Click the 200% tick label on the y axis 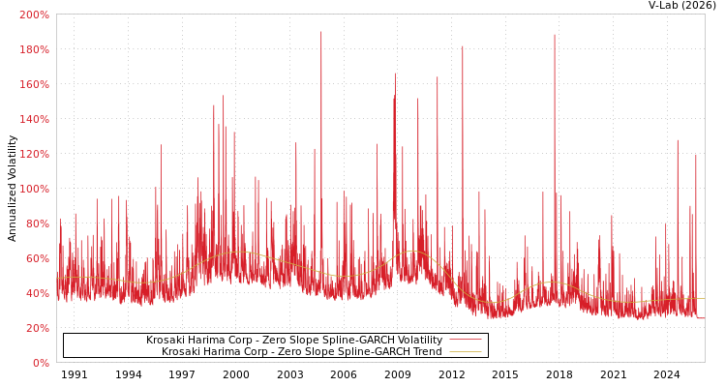(x=34, y=15)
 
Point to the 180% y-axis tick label (x=34, y=49)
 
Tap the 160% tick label (x=34, y=84)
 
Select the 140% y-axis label (x=34, y=119)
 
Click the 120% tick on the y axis (x=34, y=154)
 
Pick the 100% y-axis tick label (x=34, y=189)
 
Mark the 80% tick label (x=37, y=223)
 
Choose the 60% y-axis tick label (x=37, y=258)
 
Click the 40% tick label (x=37, y=293)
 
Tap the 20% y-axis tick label (x=37, y=328)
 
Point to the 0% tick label (x=40, y=363)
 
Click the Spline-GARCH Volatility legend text (x=294, y=341)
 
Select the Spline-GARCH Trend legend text (x=301, y=352)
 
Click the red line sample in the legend (x=465, y=341)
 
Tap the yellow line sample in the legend (x=465, y=352)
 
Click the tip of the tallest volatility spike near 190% (x=321, y=32)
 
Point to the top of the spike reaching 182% (x=463, y=46)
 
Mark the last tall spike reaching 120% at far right (x=695, y=155)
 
